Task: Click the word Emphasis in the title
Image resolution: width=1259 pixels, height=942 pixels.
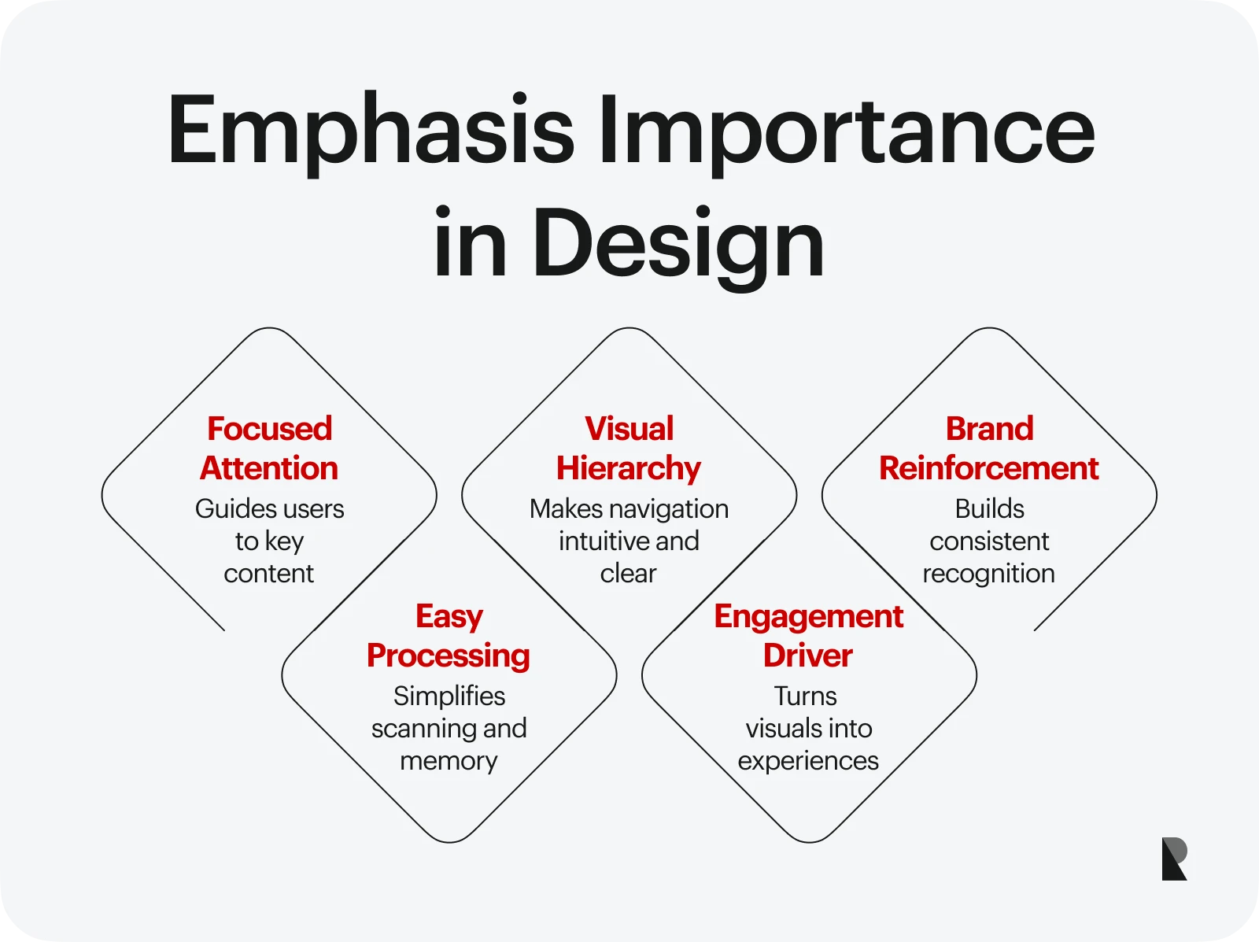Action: pyautogui.click(x=371, y=131)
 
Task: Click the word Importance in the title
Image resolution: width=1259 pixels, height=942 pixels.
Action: pyautogui.click(x=846, y=131)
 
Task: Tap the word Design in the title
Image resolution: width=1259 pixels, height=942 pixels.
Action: pyautogui.click(x=678, y=244)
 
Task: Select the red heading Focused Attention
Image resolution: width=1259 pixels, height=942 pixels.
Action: pyautogui.click(x=269, y=448)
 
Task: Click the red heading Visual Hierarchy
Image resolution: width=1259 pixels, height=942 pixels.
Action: pyautogui.click(x=629, y=448)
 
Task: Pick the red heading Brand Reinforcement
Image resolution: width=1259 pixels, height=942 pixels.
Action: pyautogui.click(x=989, y=448)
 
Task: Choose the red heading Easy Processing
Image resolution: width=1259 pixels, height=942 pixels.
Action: pyautogui.click(x=449, y=635)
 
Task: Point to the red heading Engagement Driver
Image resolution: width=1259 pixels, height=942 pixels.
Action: pyautogui.click(x=808, y=635)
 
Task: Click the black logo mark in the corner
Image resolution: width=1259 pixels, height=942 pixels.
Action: pyautogui.click(x=1174, y=859)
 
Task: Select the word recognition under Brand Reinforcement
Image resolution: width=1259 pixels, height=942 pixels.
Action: pyautogui.click(x=988, y=574)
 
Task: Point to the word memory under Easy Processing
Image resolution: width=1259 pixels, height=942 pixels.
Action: pyautogui.click(x=449, y=761)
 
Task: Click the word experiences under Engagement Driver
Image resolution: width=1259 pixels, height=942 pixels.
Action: pyautogui.click(x=808, y=761)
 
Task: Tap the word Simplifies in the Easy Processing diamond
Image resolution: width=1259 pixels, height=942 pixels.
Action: pyautogui.click(x=449, y=696)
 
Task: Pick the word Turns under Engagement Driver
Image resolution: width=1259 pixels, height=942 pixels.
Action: pyautogui.click(x=805, y=696)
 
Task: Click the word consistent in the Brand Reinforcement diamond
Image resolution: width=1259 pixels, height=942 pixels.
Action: pyautogui.click(x=989, y=541)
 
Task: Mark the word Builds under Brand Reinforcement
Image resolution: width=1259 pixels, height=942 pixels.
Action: pyautogui.click(x=989, y=509)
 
